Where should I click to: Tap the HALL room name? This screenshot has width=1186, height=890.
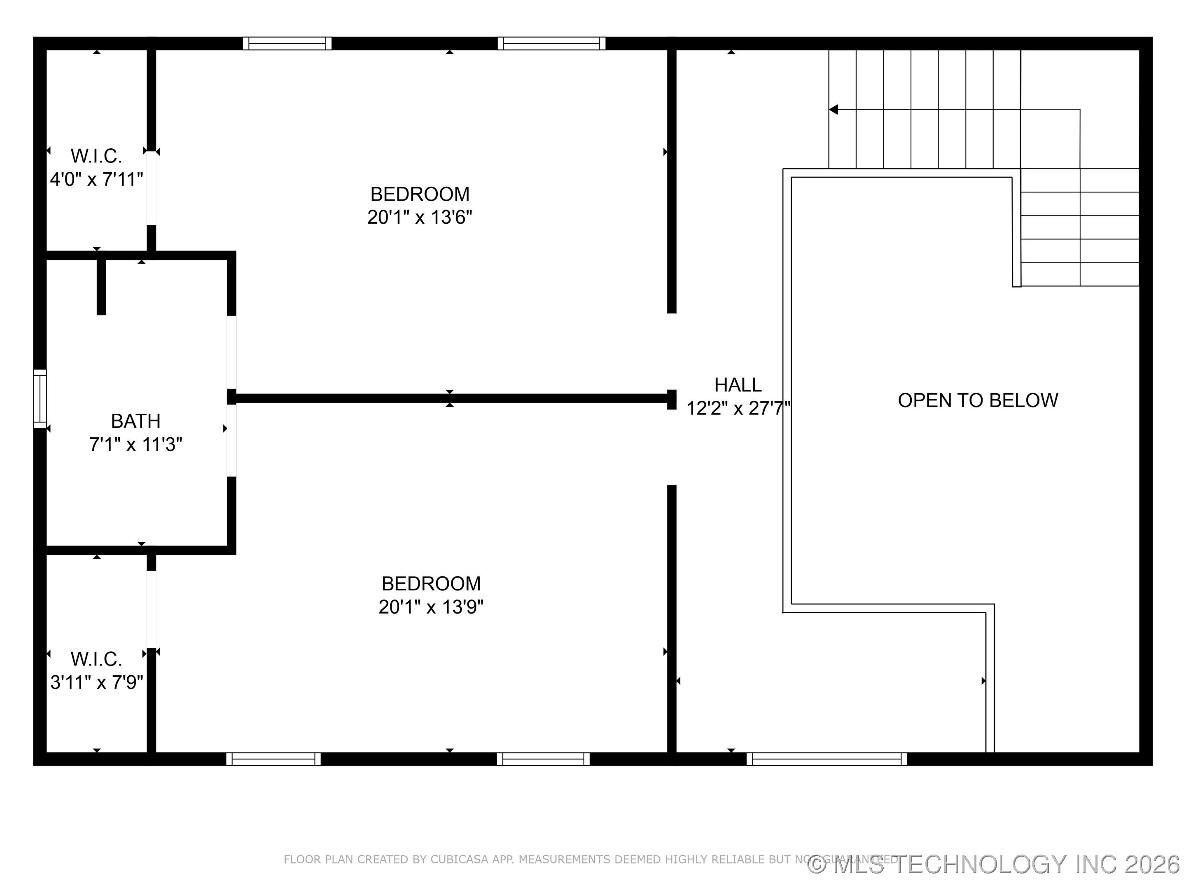coord(738,385)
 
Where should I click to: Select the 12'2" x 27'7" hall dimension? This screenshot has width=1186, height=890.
coord(738,408)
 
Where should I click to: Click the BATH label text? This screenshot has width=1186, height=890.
coord(135,421)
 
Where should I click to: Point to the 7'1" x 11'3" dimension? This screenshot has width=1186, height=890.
coord(135,445)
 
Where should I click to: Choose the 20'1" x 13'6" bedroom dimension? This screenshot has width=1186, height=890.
coord(419,217)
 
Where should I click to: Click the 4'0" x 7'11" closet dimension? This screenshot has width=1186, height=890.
coord(96,179)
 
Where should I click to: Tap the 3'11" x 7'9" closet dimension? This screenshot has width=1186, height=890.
coord(96,682)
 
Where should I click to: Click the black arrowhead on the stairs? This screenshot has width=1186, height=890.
coord(833,110)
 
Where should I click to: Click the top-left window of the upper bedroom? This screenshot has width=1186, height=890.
coord(287,43)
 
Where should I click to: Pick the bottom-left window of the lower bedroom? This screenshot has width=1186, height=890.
coord(273,759)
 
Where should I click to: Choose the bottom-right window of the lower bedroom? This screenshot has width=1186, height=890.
coord(543,759)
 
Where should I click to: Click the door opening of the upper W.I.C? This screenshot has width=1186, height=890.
coord(152,188)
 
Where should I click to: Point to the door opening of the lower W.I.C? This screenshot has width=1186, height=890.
coord(152,609)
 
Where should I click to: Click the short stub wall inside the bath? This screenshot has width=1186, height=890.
coord(101,287)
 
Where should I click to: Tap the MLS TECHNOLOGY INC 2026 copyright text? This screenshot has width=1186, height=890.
coord(995,865)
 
